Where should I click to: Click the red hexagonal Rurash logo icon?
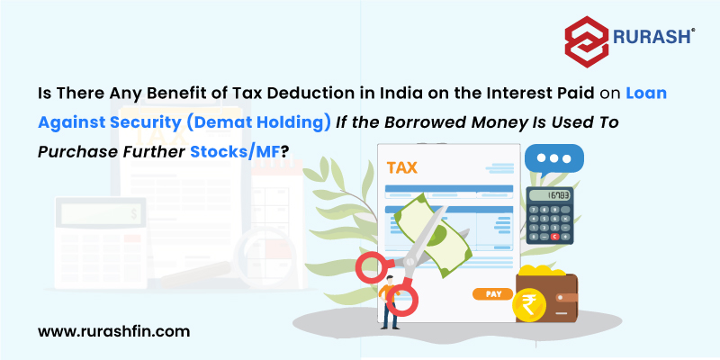coord(587,41)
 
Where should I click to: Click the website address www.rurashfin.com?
coord(113,331)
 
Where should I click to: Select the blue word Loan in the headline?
coord(645,94)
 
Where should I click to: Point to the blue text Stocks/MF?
coord(235,151)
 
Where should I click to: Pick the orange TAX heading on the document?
coord(401,167)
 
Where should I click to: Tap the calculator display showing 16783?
coord(550,195)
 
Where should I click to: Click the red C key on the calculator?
coord(554,237)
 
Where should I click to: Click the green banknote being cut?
coord(433,234)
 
